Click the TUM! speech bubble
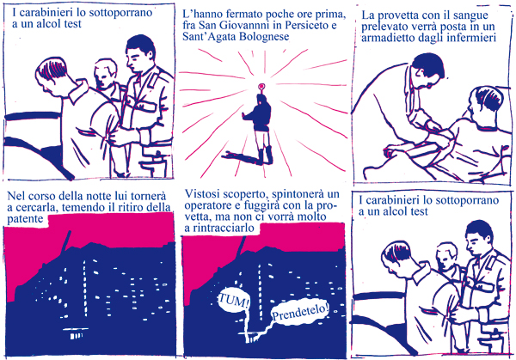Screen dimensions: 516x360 point(233,302)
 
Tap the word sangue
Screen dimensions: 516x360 point(472,16)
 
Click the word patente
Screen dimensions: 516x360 point(25,219)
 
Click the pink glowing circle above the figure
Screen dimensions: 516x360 point(261,87)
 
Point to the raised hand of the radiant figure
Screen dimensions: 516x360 point(244,116)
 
